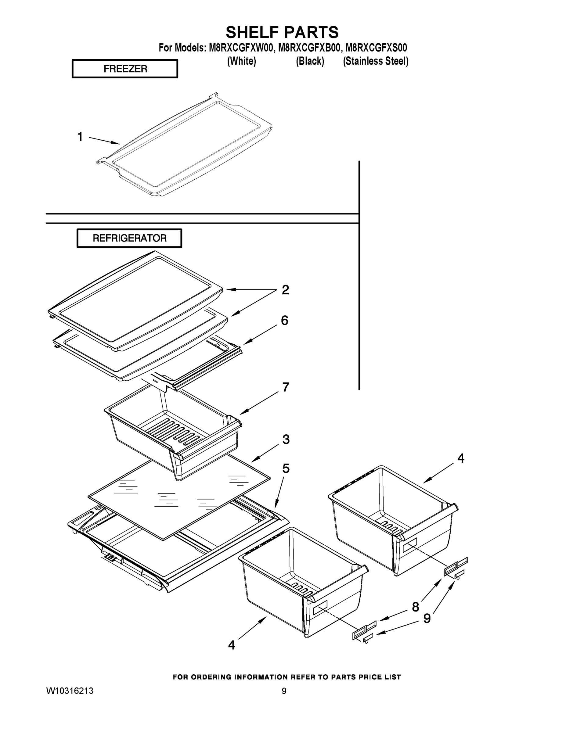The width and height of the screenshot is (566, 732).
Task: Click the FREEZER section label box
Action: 125,69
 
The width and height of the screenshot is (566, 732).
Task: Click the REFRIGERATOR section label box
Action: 129,238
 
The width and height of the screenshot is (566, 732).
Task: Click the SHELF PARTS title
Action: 282,33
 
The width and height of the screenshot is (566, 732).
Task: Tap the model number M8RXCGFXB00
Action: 309,48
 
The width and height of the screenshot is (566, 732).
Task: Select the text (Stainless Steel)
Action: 375,61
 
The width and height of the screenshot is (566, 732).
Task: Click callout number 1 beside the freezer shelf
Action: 80,137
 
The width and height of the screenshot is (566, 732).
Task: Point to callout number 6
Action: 284,321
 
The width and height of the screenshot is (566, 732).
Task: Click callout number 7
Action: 285,387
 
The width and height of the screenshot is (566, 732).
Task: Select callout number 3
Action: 286,439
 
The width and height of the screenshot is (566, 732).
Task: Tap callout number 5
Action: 286,468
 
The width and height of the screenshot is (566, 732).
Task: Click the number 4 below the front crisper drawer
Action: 231,645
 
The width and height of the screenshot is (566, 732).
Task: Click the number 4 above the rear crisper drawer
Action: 461,458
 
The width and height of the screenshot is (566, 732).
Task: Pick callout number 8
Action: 416,607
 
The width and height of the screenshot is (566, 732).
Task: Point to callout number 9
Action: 427,618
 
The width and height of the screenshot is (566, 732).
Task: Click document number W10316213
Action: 70,691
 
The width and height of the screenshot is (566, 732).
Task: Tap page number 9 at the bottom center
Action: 284,691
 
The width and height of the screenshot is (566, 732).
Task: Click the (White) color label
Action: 241,61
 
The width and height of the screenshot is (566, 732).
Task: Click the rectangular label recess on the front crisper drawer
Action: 320,608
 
